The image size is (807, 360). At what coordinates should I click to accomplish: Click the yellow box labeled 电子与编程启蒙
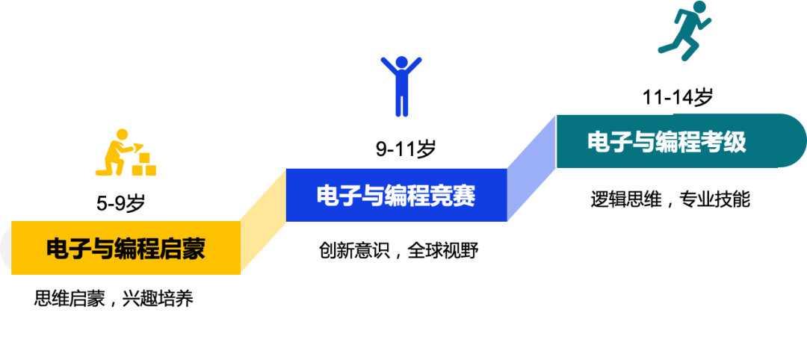(x=126, y=247)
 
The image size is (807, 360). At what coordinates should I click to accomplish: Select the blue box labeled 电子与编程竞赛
(x=396, y=195)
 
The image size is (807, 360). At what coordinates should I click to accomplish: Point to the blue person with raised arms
(x=401, y=86)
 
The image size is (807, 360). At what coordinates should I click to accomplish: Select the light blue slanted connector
(x=531, y=168)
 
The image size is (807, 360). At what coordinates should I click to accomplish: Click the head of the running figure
(x=699, y=7)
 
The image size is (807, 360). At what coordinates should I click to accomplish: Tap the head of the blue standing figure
(x=401, y=62)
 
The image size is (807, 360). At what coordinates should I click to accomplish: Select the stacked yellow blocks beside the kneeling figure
(x=143, y=164)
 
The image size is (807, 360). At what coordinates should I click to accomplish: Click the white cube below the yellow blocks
(x=138, y=188)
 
